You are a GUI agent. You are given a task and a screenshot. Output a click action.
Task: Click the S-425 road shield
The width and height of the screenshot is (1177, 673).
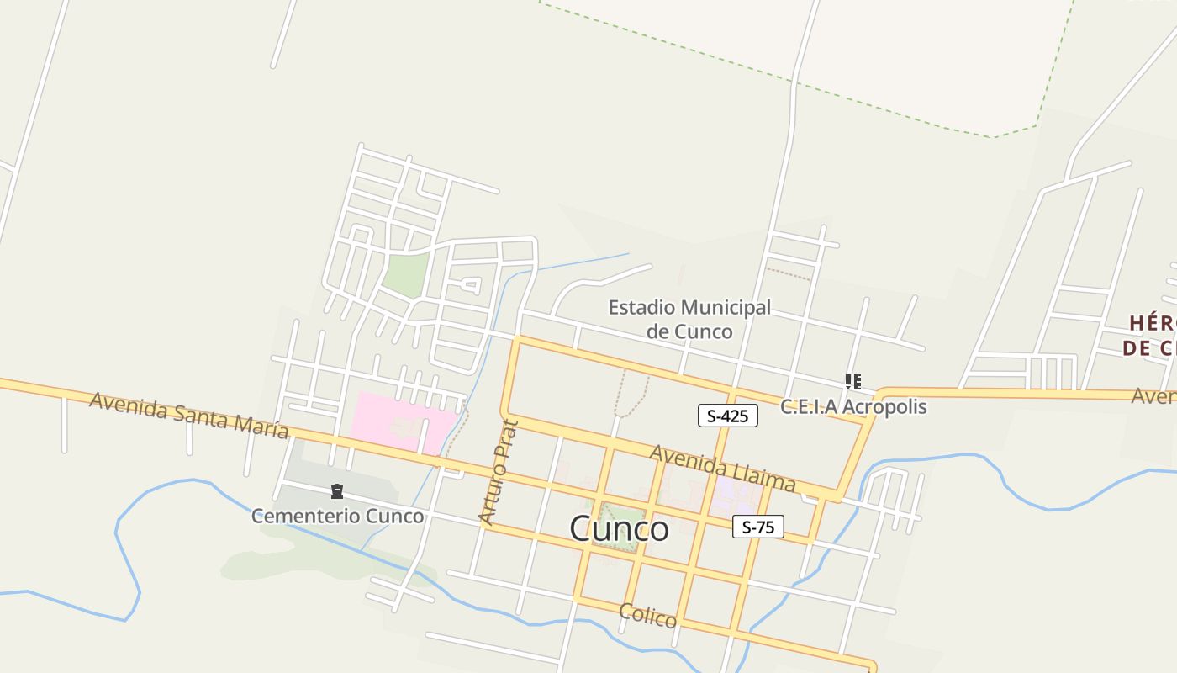click(x=727, y=416)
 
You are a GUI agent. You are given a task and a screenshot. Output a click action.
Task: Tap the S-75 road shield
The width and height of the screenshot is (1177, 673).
click(x=757, y=527)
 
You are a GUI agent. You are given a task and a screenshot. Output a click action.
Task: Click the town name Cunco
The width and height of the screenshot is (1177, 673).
click(x=619, y=529)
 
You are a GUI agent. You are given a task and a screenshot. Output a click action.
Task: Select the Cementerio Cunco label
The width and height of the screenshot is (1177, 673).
click(x=337, y=516)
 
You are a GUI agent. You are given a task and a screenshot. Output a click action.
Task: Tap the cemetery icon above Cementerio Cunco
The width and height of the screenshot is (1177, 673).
click(x=337, y=491)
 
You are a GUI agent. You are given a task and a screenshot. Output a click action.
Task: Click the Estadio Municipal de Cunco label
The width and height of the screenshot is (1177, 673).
click(x=689, y=319)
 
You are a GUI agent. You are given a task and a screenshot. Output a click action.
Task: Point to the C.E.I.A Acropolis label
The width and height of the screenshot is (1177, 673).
click(x=853, y=406)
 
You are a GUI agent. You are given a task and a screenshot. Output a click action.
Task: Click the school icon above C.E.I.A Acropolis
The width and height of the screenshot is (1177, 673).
click(x=853, y=383)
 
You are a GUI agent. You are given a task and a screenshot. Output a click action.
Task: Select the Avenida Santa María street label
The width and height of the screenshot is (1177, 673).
click(x=189, y=415)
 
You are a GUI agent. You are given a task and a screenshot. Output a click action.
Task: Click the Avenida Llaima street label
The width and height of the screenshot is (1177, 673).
click(x=722, y=468)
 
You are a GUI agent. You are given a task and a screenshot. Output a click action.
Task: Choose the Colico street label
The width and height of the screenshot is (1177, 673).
click(x=647, y=616)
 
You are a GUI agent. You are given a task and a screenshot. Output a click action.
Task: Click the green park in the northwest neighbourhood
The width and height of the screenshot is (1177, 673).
click(x=407, y=274)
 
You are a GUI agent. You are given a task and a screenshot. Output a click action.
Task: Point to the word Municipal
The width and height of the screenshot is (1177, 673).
click(x=728, y=308)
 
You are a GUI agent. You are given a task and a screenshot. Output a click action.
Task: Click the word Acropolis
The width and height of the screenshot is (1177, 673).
click(x=884, y=406)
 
